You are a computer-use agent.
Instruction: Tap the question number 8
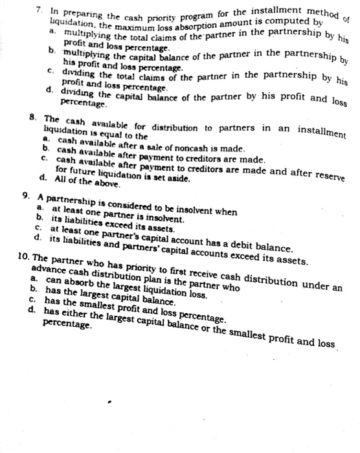click(x=40, y=119)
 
